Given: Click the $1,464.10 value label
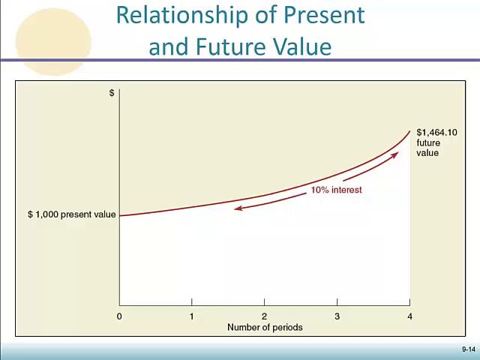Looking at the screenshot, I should (436, 133).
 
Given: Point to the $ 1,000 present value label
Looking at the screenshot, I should (72, 214).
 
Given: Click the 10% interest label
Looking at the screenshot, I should (336, 190).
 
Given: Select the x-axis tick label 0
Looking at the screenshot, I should (119, 316).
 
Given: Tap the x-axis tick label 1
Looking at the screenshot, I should (191, 316).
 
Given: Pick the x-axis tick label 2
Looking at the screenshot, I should (264, 316).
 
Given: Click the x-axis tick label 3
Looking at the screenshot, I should (337, 316).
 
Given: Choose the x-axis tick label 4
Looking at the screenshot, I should (409, 316).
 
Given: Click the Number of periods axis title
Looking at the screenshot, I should (265, 327).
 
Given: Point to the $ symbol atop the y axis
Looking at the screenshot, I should (112, 93).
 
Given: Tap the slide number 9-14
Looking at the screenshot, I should (468, 349).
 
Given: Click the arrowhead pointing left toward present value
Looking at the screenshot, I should (237, 208).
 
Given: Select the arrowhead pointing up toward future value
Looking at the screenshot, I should (394, 154).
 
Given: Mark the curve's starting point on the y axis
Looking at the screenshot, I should (120, 216).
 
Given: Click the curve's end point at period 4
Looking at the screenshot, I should (409, 131).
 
